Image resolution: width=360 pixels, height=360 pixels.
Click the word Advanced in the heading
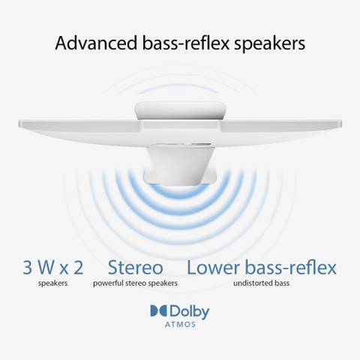click(96, 43)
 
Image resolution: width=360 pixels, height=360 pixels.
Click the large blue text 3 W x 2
click(53, 268)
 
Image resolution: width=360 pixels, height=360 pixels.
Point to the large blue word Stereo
click(136, 267)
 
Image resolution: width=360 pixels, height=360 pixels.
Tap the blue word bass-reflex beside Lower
click(291, 267)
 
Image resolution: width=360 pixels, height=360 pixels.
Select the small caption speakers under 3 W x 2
click(53, 283)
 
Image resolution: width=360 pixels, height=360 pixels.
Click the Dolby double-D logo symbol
click(159, 311)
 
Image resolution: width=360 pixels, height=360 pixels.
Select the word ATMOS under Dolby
click(180, 325)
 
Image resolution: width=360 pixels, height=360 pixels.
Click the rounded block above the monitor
click(180, 111)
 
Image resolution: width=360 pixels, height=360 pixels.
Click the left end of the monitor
click(20, 123)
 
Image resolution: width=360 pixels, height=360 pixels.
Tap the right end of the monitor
click(340, 123)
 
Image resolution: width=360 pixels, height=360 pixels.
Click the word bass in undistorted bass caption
click(282, 283)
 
